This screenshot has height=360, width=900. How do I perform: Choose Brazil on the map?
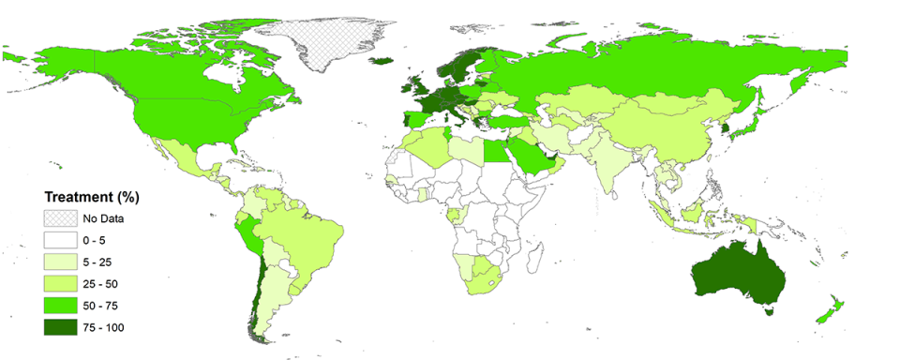coord(305,234)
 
